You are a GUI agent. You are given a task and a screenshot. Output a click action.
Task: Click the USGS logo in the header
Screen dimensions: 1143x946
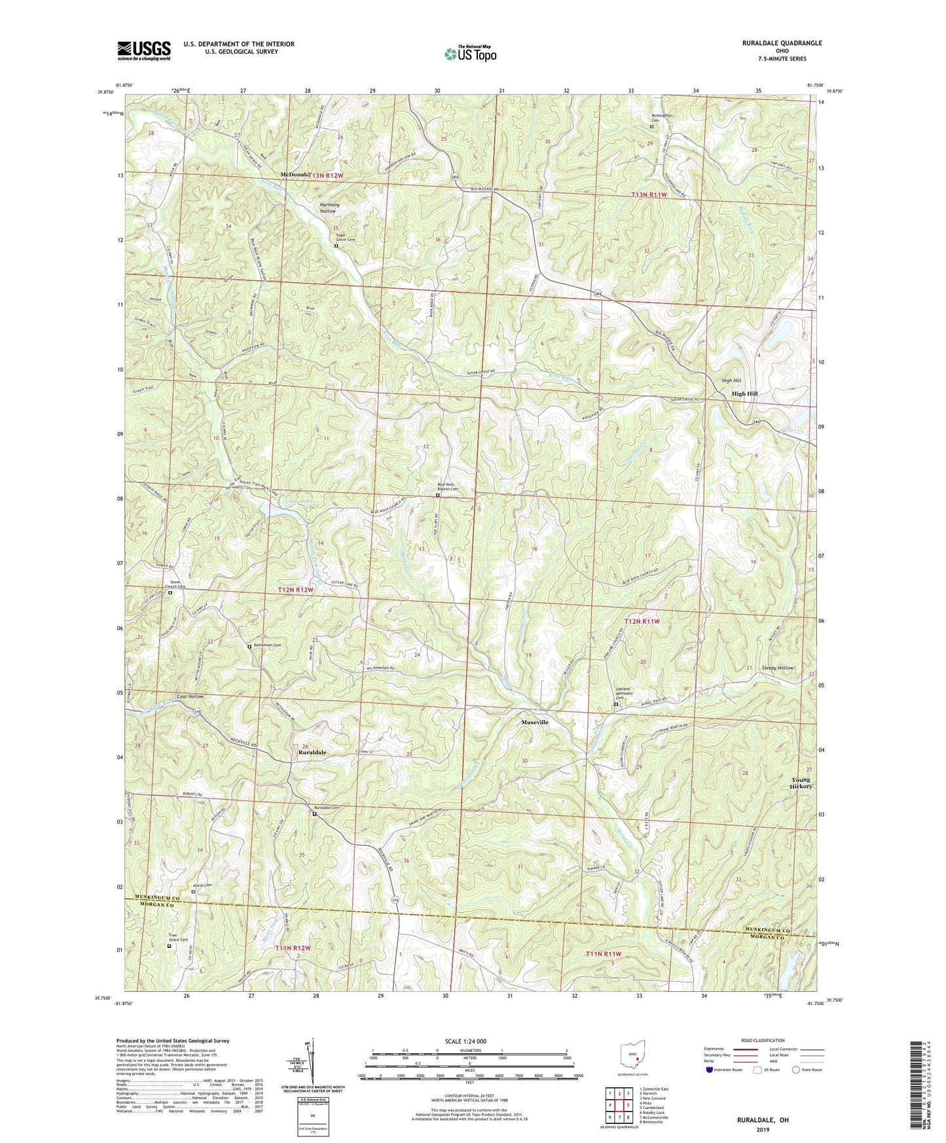point(144,50)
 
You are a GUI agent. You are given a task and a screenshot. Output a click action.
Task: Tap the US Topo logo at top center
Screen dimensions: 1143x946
point(469,54)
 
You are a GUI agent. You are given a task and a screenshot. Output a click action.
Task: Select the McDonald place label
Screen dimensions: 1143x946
point(294,175)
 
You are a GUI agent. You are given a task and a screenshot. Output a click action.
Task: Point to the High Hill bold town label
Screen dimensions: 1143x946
point(744,393)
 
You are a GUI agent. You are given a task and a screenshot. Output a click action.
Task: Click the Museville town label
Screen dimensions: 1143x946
point(534,722)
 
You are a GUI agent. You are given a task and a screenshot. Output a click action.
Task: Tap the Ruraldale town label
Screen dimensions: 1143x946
point(312,753)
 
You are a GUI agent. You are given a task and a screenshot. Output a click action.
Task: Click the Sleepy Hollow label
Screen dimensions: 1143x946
point(778,668)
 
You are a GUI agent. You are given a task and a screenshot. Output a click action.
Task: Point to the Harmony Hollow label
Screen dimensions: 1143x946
point(328,208)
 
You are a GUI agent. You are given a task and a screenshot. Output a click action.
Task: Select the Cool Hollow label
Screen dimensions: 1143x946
point(190,697)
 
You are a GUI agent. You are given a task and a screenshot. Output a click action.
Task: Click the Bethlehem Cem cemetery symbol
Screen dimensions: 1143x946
point(249,646)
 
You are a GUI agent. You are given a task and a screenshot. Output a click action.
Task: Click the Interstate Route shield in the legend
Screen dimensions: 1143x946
point(710,1070)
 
